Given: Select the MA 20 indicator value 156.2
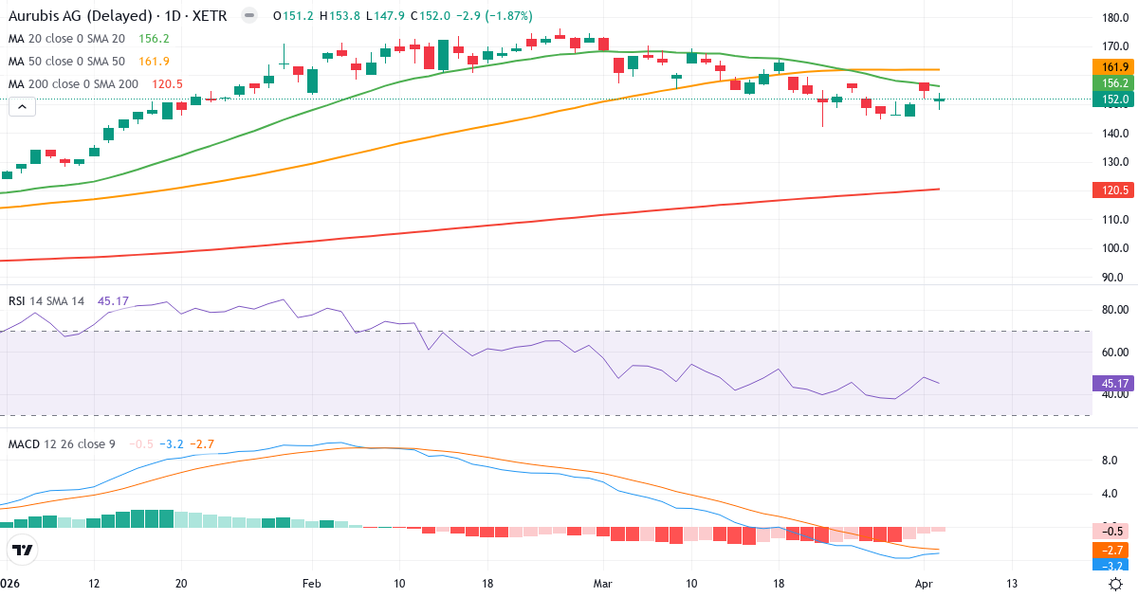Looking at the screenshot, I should (x=154, y=39).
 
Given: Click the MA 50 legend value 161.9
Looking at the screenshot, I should (x=154, y=62).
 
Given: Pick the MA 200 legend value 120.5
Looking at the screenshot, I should (x=167, y=84).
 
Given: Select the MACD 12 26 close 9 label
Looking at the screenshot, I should (x=64, y=444).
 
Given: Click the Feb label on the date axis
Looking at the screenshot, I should (x=311, y=584).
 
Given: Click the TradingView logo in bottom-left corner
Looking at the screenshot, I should (x=22, y=551).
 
